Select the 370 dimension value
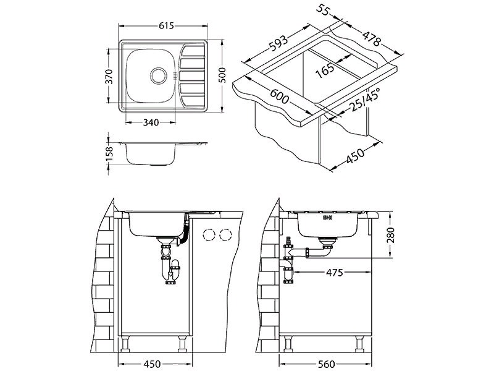point(109,76)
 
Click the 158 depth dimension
point(109,152)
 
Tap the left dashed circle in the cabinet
point(209,234)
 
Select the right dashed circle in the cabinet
point(226,234)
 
